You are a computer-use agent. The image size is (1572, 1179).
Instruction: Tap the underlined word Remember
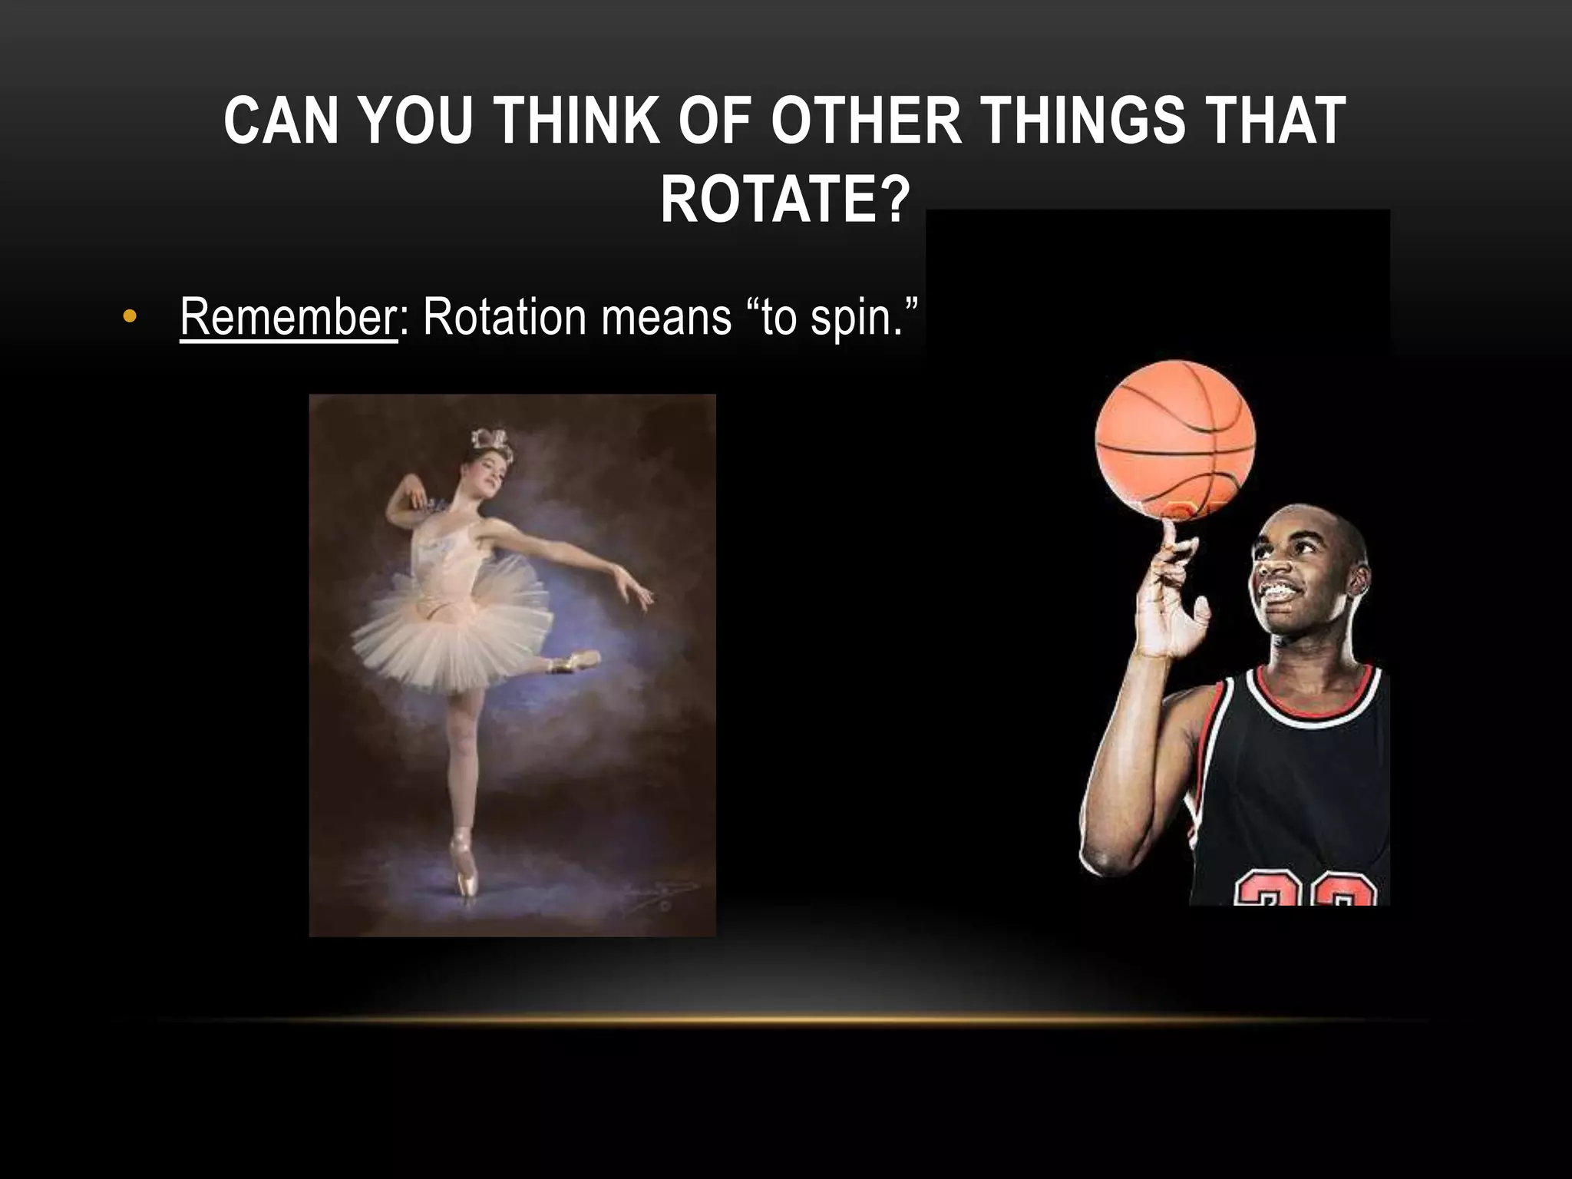coord(288,316)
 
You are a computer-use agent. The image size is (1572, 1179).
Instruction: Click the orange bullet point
coord(130,317)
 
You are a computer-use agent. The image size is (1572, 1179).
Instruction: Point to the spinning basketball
coord(1175,441)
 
